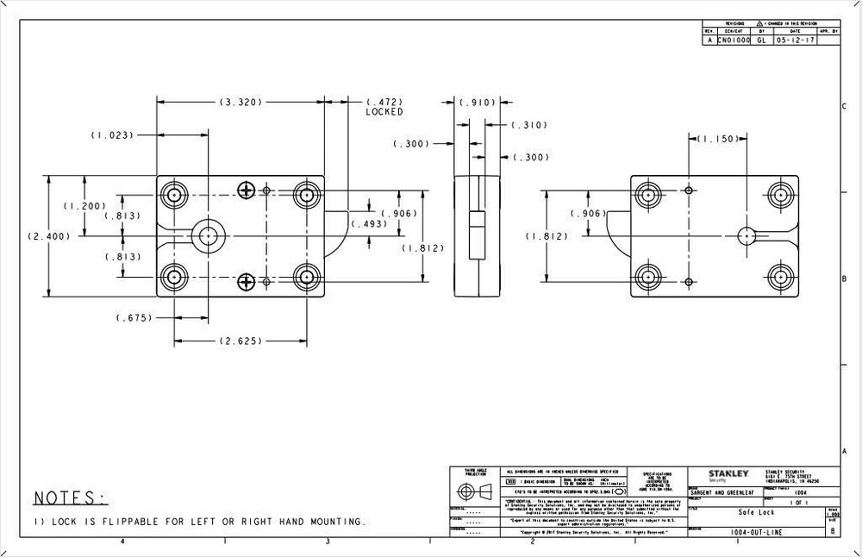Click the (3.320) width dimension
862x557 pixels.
pyautogui.click(x=240, y=102)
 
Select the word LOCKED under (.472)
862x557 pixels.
pyautogui.click(x=384, y=112)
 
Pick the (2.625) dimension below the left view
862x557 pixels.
pyautogui.click(x=240, y=341)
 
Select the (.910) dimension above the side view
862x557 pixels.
pyautogui.click(x=477, y=103)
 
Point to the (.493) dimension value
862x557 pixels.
pyautogui.click(x=371, y=224)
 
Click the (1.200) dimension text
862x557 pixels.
pyautogui.click(x=84, y=206)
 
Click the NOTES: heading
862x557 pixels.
pyautogui.click(x=71, y=498)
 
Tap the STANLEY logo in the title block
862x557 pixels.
pyautogui.click(x=728, y=474)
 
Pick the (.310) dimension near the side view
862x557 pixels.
pyautogui.click(x=529, y=125)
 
